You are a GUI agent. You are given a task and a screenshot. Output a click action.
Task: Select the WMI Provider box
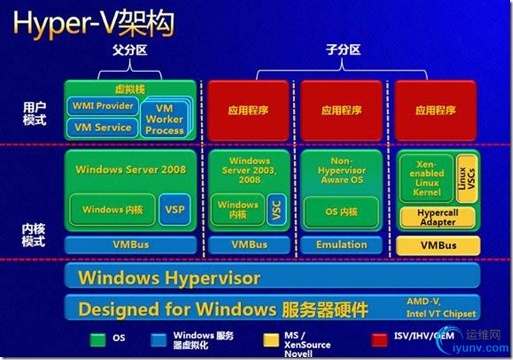[x=103, y=106]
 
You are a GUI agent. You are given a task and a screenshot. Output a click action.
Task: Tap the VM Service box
[x=103, y=127]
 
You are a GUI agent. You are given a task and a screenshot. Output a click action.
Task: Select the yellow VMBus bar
[x=437, y=245]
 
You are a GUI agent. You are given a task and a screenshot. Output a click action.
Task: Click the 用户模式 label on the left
[x=34, y=113]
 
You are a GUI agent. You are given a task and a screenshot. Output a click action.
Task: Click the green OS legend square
[x=97, y=338]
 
